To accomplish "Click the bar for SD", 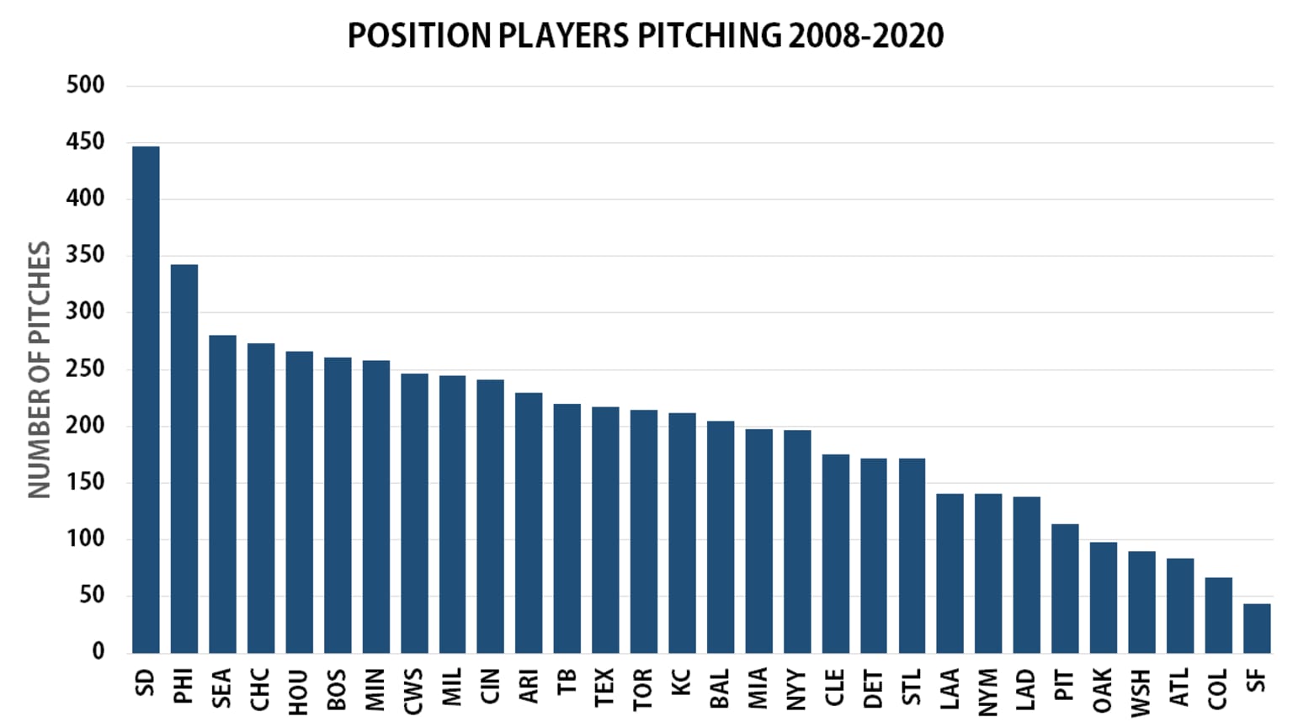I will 146,400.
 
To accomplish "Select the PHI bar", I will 184,459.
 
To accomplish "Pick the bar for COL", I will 1218,615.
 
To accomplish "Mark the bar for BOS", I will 338,505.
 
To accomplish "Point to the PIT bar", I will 1065,588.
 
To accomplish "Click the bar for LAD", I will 1026,575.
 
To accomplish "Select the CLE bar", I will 835,554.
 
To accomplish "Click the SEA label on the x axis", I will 222,687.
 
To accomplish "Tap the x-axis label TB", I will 567,681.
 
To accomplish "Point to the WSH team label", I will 1141,692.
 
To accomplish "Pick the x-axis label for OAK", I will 1103,690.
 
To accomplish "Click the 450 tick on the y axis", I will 86,141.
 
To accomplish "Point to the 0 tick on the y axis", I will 98,651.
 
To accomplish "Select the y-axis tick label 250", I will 86,369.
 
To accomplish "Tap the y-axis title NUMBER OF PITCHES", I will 40,369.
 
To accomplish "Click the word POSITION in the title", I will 419,35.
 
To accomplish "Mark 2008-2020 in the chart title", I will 865,35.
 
